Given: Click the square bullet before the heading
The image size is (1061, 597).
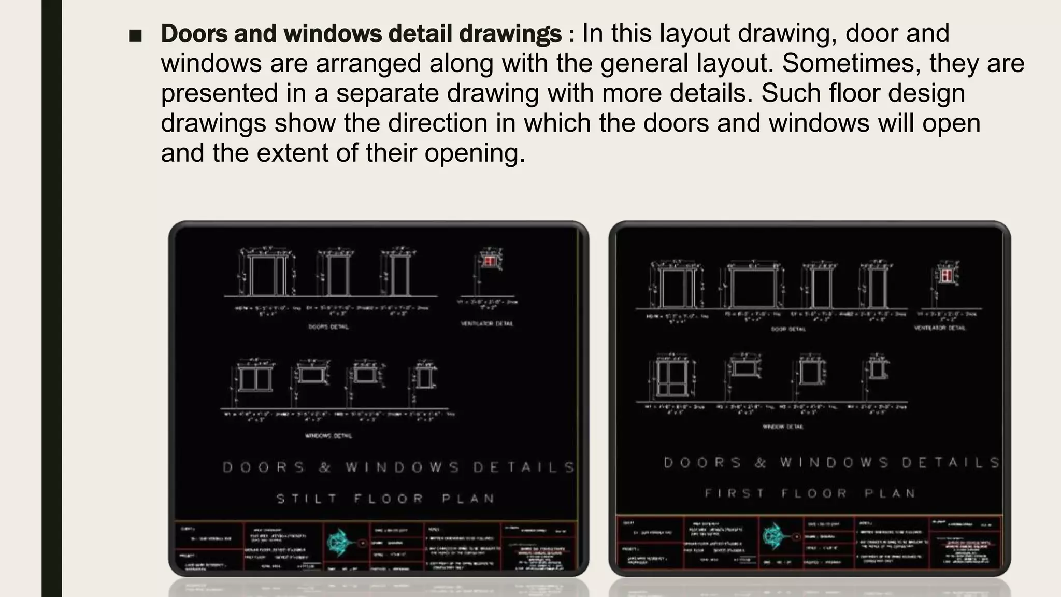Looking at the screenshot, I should pyautogui.click(x=135, y=36).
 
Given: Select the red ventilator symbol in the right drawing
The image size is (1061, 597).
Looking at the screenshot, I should pyautogui.click(x=947, y=275).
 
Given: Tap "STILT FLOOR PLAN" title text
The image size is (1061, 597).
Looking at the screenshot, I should pyautogui.click(x=385, y=499).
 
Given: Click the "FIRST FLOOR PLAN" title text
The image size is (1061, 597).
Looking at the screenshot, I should pyautogui.click(x=810, y=493).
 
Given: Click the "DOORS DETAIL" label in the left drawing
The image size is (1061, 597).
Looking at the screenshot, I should pyautogui.click(x=328, y=327).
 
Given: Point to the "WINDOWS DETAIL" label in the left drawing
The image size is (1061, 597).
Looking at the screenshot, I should pyautogui.click(x=328, y=436).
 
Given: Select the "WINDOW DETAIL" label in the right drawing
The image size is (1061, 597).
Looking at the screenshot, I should pyautogui.click(x=783, y=427).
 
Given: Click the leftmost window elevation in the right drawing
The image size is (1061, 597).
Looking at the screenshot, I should pyautogui.click(x=672, y=378).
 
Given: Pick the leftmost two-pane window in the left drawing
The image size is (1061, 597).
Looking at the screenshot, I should pyautogui.click(x=255, y=378).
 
